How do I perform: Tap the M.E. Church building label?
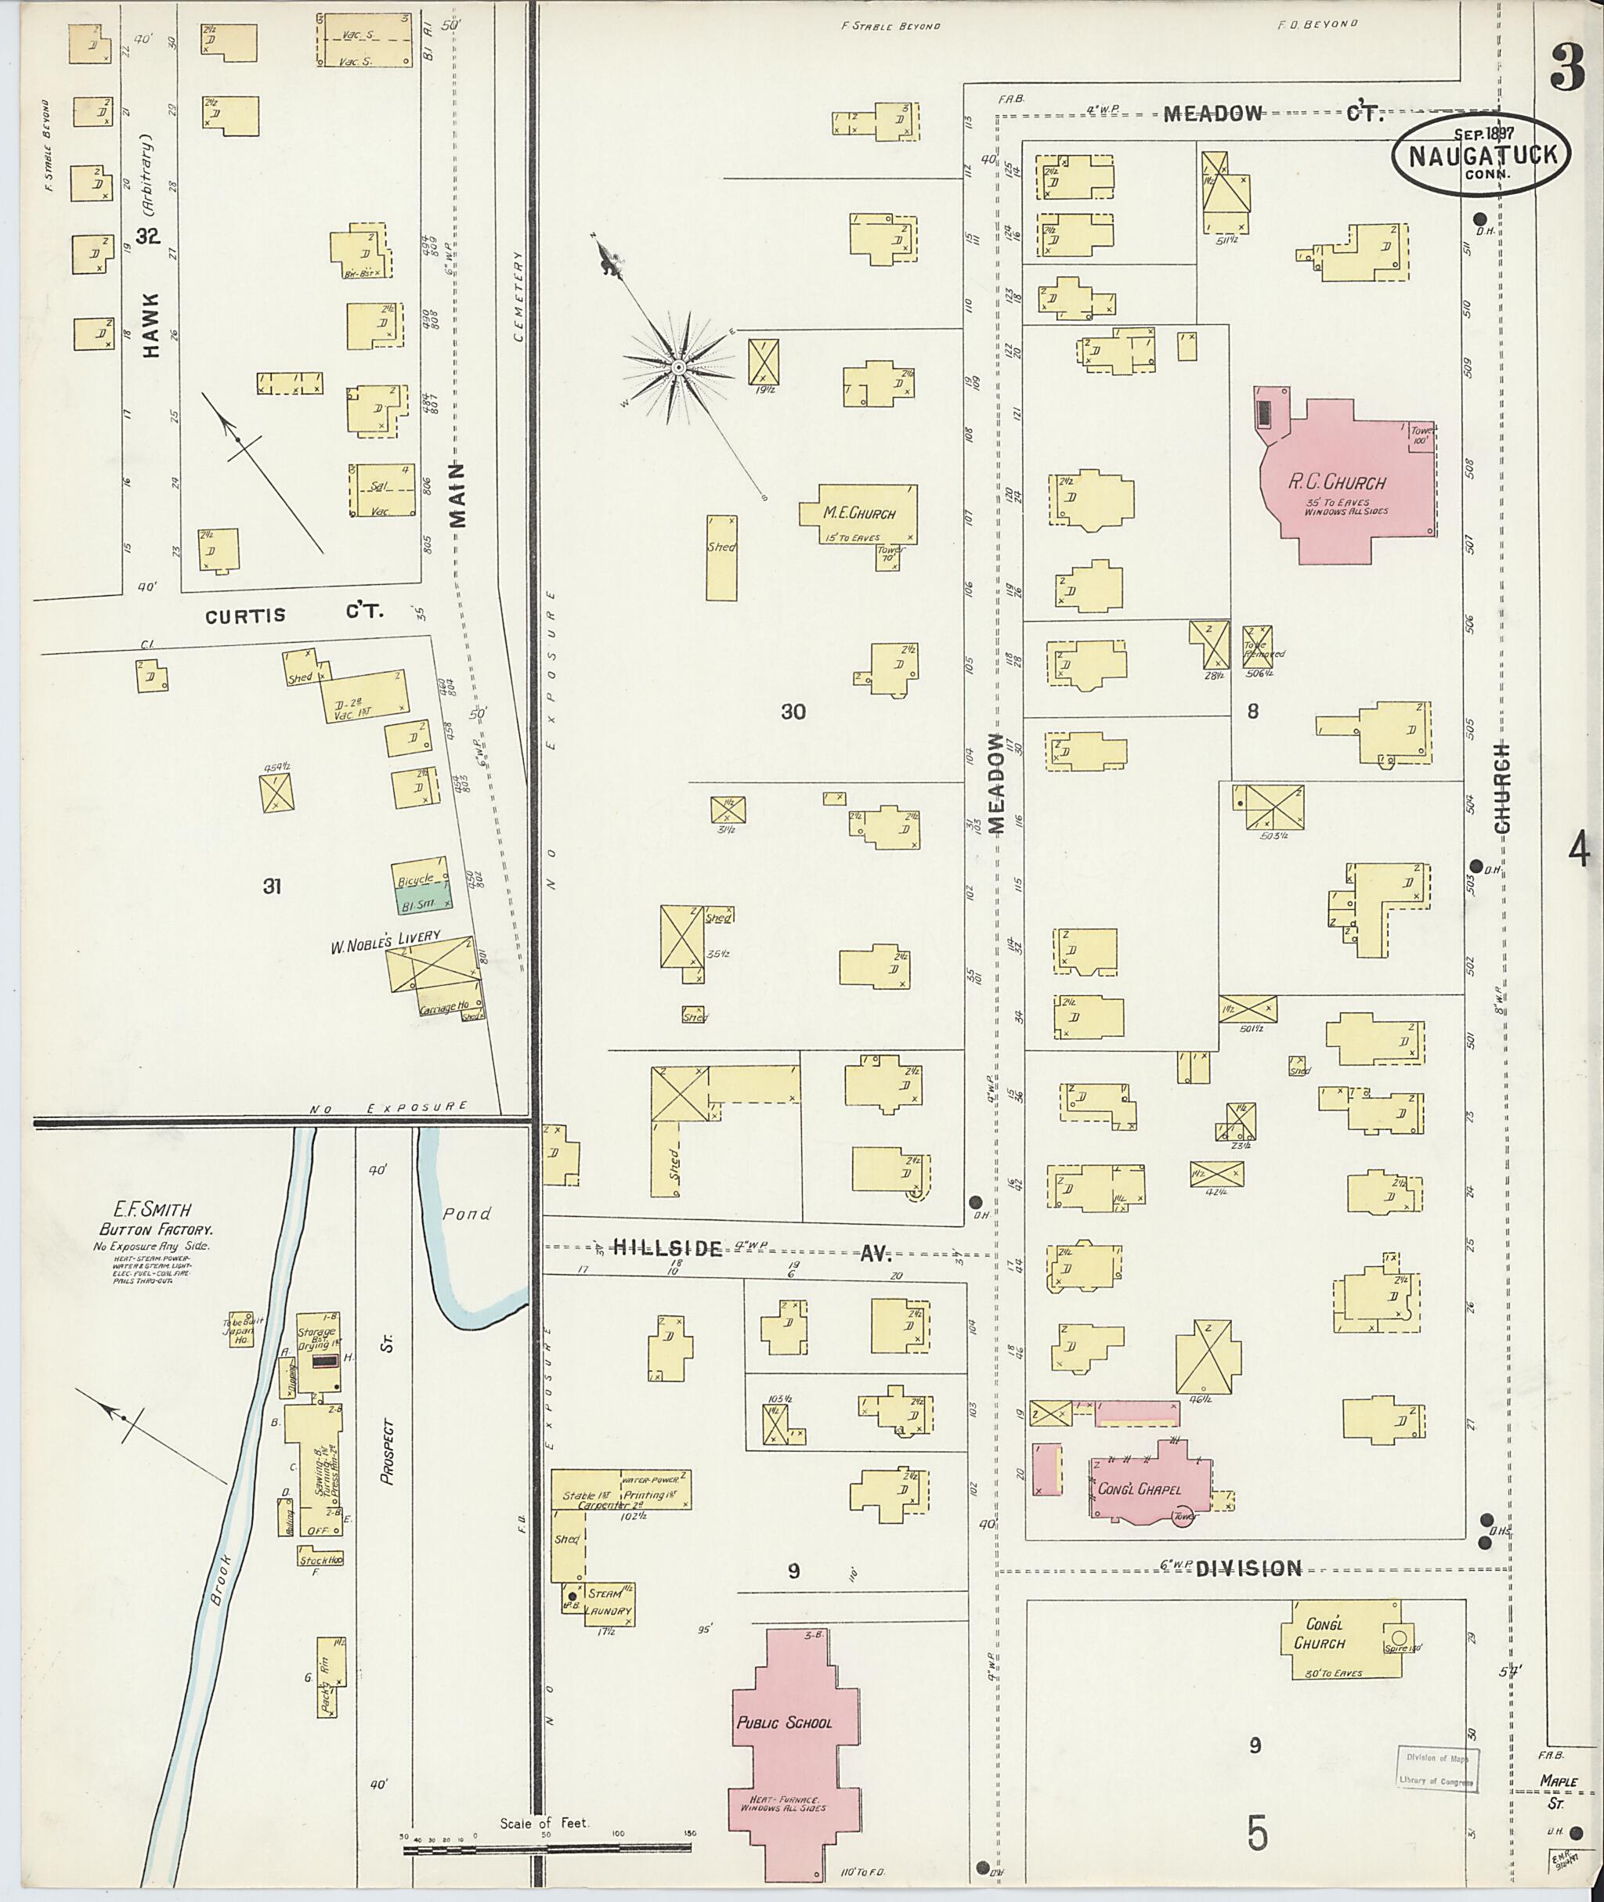tap(859, 514)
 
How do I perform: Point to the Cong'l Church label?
tap(1324, 1633)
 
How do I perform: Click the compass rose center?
tap(678, 366)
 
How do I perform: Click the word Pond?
tap(468, 1214)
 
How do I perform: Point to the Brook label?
tap(221, 1582)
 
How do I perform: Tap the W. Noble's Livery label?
tap(385, 940)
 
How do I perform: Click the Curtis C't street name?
tap(293, 615)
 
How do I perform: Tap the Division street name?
tap(1248, 1568)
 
